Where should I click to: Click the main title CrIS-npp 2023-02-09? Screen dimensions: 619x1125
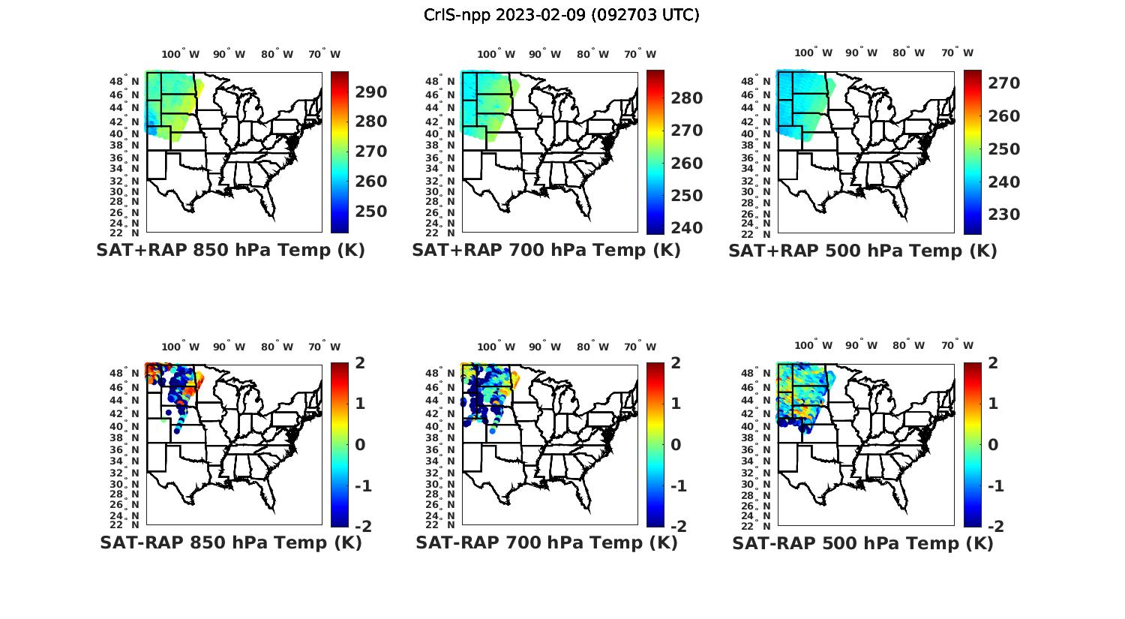click(x=562, y=15)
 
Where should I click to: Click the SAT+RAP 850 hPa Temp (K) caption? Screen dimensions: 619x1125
click(x=230, y=251)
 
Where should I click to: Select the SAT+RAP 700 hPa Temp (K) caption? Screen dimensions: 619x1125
click(x=546, y=251)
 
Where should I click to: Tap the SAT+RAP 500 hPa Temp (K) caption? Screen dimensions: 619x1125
click(x=862, y=251)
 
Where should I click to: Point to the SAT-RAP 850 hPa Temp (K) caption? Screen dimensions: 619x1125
click(x=230, y=543)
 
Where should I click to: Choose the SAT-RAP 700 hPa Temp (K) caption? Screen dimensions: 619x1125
click(x=546, y=543)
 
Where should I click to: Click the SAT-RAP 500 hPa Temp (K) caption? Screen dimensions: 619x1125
click(x=862, y=543)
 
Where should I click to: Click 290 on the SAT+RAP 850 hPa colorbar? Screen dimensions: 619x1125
click(x=371, y=92)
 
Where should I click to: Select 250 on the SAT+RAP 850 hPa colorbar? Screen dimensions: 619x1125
click(x=371, y=212)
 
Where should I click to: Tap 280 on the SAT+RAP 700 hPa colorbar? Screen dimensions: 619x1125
click(x=687, y=98)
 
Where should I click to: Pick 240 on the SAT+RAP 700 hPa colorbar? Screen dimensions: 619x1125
click(x=687, y=228)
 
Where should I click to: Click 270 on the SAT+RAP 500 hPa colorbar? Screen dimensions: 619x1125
click(x=1003, y=83)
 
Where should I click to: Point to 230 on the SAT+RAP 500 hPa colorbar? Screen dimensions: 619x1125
click(x=1003, y=215)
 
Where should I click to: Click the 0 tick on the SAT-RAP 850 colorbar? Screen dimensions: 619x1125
click(x=359, y=445)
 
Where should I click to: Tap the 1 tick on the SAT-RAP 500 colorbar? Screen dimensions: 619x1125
click(x=994, y=404)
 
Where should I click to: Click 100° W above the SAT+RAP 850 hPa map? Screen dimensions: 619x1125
click(x=181, y=54)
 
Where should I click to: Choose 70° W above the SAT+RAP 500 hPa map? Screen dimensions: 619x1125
click(x=958, y=53)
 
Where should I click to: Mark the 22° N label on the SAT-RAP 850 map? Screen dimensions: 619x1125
click(x=130, y=524)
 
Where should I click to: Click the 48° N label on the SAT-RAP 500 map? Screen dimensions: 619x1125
click(x=762, y=373)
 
